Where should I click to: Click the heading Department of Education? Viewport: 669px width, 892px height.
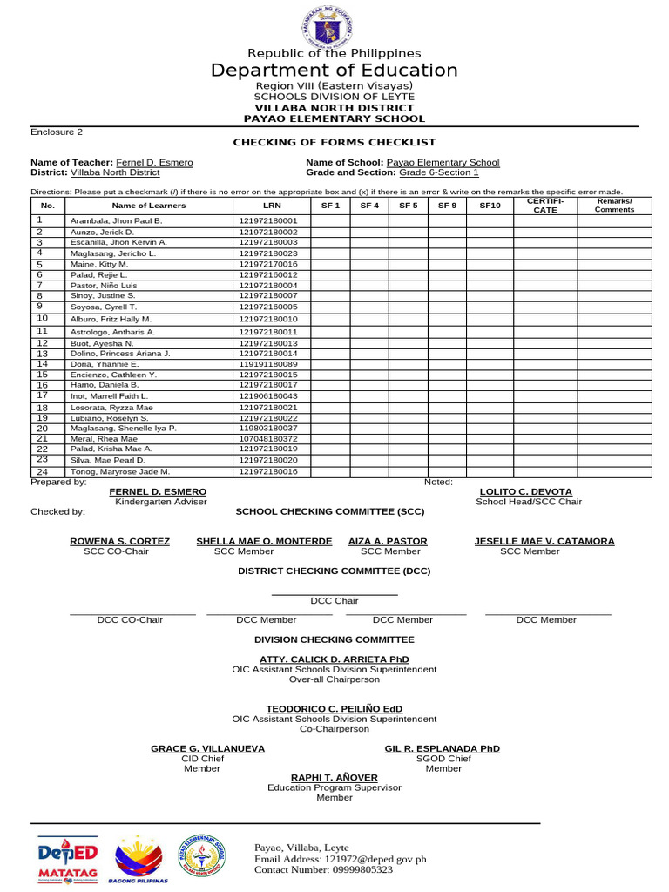pos(334,71)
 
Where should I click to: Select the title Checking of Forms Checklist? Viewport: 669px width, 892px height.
pos(334,142)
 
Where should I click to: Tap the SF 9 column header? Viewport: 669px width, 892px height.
pos(447,205)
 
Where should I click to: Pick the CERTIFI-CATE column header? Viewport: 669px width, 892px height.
pos(544,205)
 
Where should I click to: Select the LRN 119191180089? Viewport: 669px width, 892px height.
pos(268,363)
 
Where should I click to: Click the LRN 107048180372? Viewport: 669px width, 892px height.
pos(268,439)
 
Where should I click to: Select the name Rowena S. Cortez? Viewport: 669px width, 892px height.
pos(120,541)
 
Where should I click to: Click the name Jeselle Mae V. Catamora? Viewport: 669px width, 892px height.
pos(544,541)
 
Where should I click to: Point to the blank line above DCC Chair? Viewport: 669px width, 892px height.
pos(334,594)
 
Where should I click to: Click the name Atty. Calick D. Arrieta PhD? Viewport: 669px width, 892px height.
pos(334,659)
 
